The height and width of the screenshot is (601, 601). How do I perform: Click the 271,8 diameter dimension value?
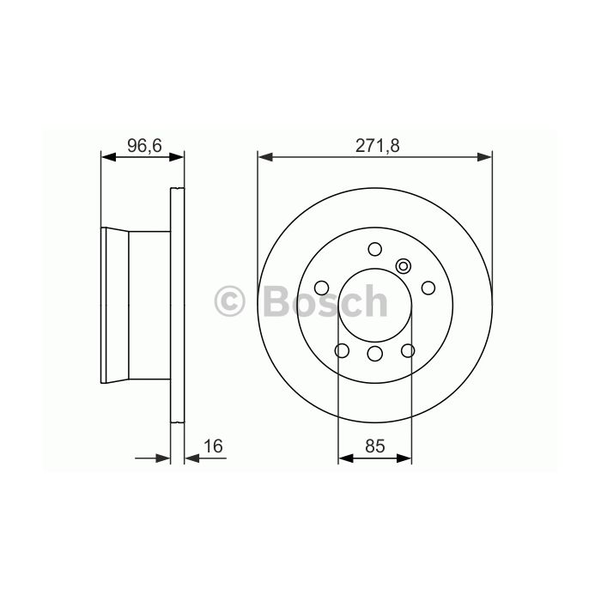(x=377, y=146)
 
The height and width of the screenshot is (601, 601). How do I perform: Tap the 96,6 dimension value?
(x=144, y=146)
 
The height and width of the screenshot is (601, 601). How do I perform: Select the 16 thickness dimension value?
(x=213, y=446)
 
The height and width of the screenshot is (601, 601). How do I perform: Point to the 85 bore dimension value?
(x=374, y=446)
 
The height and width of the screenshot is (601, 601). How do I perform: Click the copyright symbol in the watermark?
(x=229, y=300)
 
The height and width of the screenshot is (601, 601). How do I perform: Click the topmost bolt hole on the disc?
(x=375, y=249)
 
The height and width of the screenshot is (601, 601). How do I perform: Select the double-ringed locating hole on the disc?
(x=404, y=266)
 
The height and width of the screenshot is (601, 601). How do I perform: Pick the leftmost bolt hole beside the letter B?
(x=322, y=288)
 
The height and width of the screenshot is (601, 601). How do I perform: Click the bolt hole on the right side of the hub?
(x=428, y=288)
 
